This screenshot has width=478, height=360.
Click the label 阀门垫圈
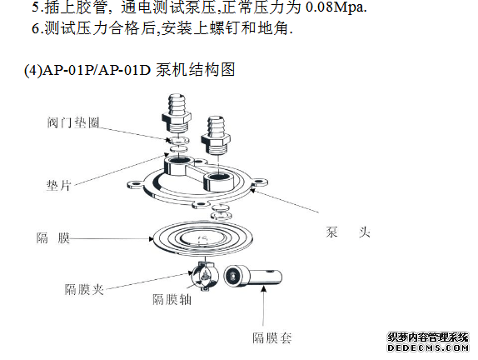(x=73, y=122)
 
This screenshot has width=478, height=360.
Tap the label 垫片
(x=59, y=185)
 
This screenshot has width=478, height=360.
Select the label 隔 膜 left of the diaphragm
(x=53, y=238)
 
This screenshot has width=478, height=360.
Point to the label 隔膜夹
(x=84, y=289)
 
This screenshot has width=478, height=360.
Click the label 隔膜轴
(x=172, y=299)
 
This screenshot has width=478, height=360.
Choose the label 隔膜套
(x=272, y=337)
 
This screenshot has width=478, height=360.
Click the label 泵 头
(x=348, y=232)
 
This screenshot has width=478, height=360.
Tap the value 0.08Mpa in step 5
(x=336, y=7)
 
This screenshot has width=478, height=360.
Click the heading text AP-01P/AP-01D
(x=97, y=70)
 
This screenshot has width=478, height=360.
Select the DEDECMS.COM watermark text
(x=428, y=347)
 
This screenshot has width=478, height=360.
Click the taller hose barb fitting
(x=177, y=113)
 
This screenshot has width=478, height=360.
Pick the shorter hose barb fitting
(x=217, y=134)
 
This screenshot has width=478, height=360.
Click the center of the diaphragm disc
(x=202, y=238)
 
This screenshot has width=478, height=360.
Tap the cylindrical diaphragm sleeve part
(x=252, y=276)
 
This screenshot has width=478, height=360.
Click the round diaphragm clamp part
(x=205, y=276)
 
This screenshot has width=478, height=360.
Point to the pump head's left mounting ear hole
(x=135, y=184)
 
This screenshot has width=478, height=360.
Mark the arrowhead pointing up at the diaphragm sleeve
(x=264, y=288)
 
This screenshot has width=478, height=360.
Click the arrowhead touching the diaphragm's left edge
(x=151, y=238)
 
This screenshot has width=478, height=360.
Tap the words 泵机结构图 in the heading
(x=196, y=70)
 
